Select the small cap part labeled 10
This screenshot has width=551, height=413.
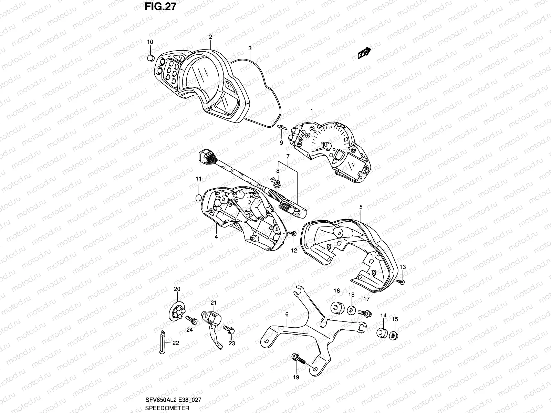[x=150, y=58]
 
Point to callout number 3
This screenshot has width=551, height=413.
[x=250, y=49]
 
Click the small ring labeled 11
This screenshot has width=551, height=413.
[x=198, y=198]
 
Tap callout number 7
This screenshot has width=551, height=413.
[x=288, y=156]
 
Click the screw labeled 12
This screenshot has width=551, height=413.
[x=293, y=234]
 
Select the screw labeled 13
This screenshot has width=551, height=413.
[x=402, y=282]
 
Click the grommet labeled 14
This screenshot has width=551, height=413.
[x=381, y=333]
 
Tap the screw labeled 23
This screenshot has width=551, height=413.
[x=229, y=330]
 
